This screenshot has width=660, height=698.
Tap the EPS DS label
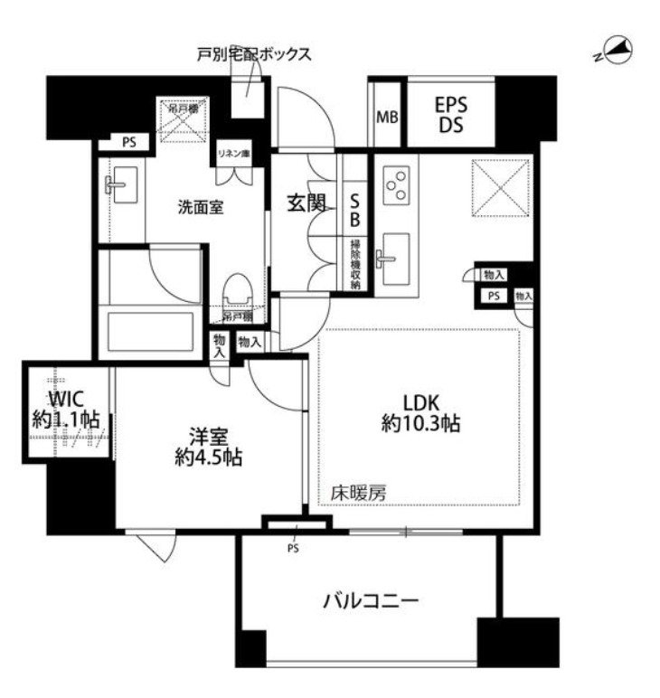[x=451, y=113]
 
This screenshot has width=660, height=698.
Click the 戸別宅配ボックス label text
[x=254, y=54]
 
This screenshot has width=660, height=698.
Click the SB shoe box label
[x=355, y=210]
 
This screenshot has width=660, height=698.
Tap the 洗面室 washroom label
[x=200, y=206]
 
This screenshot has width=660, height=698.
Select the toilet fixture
[x=238, y=290]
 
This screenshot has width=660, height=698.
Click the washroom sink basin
[x=119, y=185]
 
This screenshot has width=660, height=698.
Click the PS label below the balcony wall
[x=293, y=548]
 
